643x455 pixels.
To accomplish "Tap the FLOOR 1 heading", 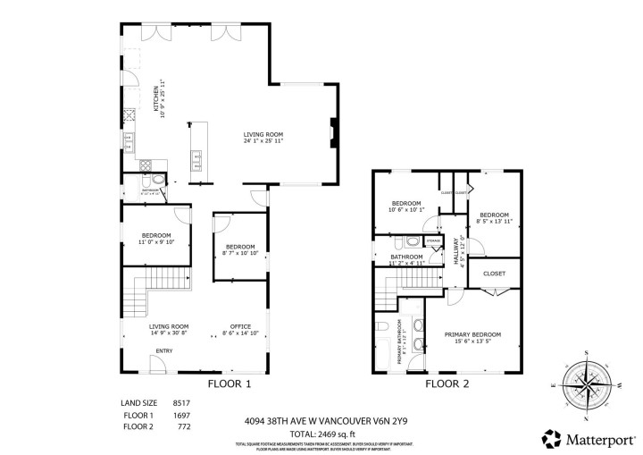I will [229, 384].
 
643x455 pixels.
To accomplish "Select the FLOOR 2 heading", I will [447, 384].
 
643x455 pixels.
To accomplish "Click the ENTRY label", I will [165, 350].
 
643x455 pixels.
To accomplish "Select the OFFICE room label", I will [240, 326].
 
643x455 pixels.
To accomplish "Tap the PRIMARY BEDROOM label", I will [472, 334].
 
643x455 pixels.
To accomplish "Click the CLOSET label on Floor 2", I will [494, 274].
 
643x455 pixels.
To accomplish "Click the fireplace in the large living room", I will [333, 132].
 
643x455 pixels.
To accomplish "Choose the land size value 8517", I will [182, 403].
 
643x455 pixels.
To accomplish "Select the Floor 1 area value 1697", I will [182, 416].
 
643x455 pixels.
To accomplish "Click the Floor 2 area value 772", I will [184, 427].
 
